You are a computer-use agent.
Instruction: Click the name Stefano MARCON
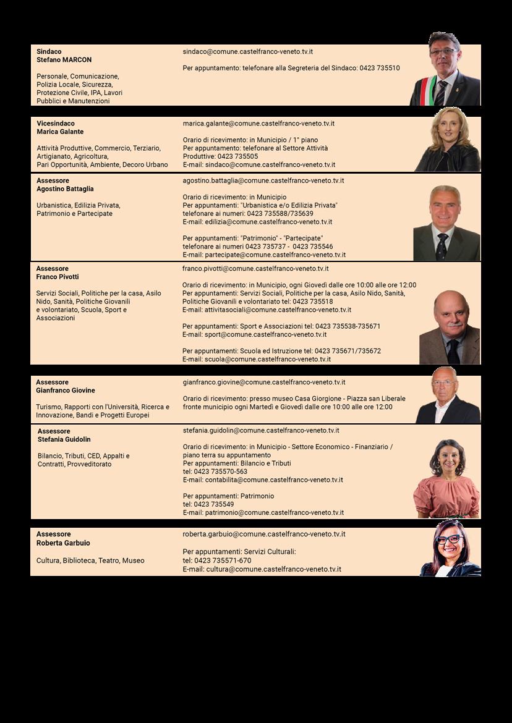64,60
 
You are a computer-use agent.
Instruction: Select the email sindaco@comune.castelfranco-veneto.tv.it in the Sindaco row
247,51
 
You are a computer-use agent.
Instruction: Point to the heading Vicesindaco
55,124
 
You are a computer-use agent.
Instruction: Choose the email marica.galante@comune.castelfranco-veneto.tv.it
258,124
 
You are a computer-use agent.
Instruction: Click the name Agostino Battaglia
65,189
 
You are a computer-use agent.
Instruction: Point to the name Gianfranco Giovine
65,391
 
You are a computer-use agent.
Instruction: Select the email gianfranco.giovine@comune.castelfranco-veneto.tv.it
264,383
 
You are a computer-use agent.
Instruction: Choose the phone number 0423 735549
214,504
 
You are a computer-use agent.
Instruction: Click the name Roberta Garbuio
63,543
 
